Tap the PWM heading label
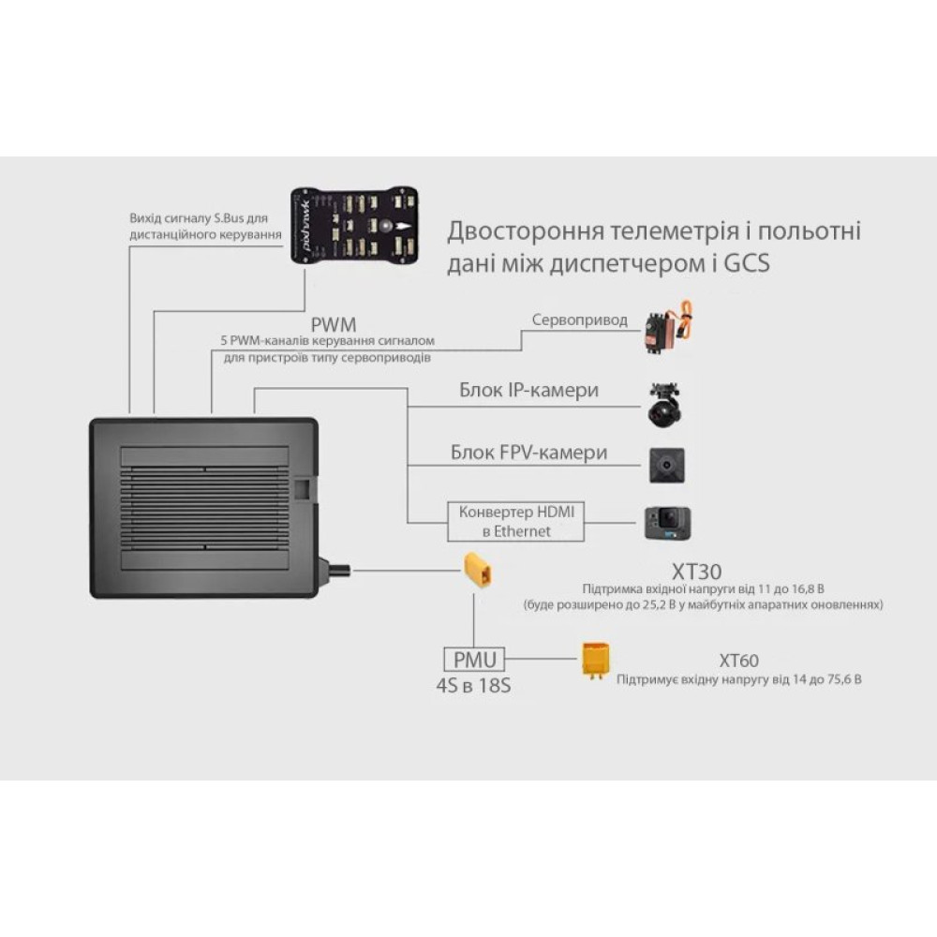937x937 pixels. pos(335,324)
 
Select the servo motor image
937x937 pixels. pos(667,327)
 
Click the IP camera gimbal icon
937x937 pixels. pos(667,403)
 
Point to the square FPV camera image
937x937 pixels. pos(667,464)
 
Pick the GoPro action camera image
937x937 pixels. pos(667,523)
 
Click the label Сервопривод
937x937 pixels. pos(580,320)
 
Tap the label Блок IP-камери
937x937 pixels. pos(528,390)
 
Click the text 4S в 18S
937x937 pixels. pos(473,685)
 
